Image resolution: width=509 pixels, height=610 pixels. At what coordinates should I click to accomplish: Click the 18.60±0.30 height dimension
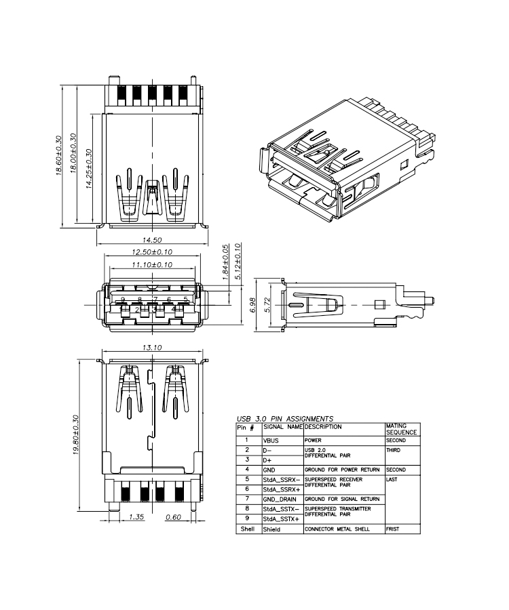[58, 155]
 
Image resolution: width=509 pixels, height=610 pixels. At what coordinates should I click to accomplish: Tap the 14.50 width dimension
[151, 240]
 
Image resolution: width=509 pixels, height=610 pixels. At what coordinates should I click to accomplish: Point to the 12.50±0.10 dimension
[151, 252]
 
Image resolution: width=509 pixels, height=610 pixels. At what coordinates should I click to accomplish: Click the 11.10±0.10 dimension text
[151, 264]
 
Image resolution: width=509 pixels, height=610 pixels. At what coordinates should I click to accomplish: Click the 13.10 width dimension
[151, 348]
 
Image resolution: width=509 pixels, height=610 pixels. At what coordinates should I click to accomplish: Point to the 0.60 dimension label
[174, 518]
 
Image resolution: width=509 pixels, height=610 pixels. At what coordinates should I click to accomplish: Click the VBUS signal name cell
[271, 441]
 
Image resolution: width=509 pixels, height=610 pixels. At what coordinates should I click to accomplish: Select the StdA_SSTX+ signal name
[281, 518]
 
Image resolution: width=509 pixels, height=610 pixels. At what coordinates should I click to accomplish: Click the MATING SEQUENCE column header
[400, 429]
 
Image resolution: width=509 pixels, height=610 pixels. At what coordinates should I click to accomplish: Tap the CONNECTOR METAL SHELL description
[337, 528]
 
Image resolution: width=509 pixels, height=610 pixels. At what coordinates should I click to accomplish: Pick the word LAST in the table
[392, 479]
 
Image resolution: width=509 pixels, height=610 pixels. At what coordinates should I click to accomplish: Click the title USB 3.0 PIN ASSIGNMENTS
[284, 419]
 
